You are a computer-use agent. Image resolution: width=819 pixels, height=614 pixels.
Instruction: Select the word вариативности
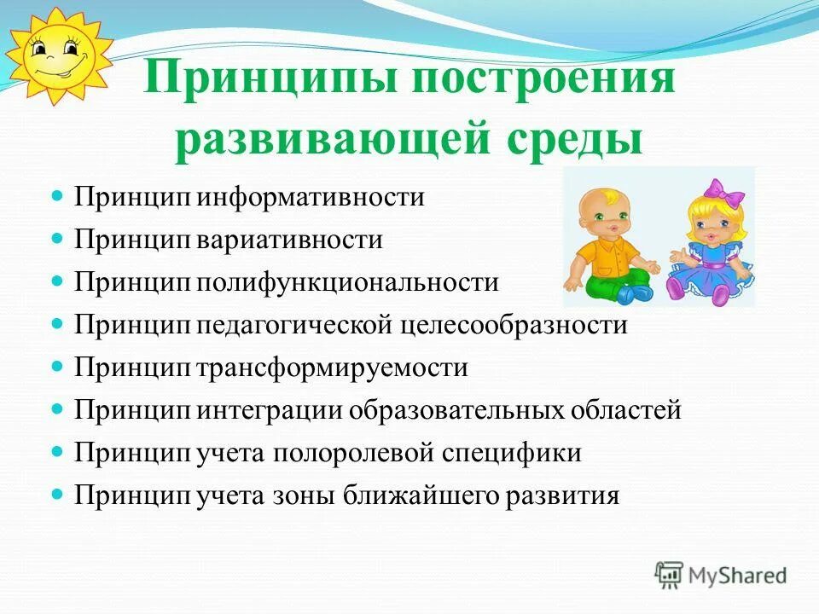tap(291, 240)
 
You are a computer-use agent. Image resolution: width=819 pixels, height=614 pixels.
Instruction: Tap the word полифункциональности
tap(349, 282)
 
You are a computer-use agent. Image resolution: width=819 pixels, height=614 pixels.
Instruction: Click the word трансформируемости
tap(334, 368)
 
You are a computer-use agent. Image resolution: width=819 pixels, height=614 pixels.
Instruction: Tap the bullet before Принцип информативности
tap(58, 196)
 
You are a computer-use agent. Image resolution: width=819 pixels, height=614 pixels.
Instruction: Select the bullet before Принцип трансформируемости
tap(58, 366)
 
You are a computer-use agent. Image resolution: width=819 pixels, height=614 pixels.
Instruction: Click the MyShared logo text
tap(738, 576)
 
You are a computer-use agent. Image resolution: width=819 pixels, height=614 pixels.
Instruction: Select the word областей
tap(631, 410)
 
